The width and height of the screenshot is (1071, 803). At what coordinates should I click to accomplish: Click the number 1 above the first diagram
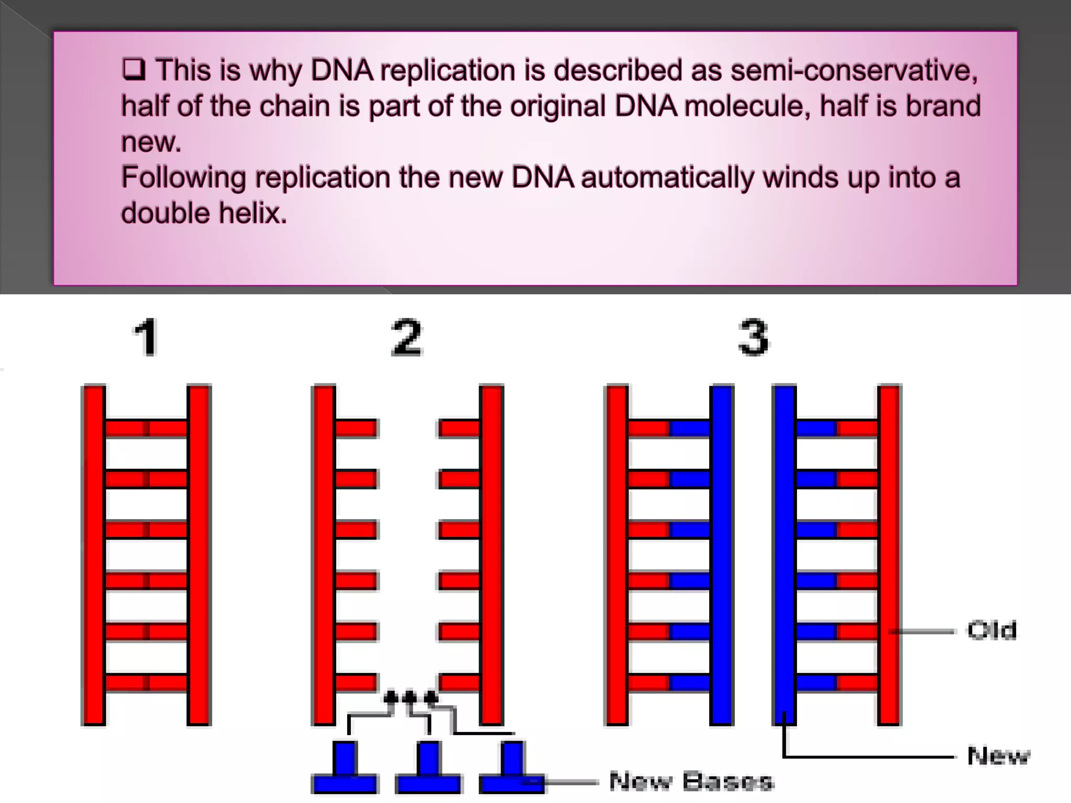146,338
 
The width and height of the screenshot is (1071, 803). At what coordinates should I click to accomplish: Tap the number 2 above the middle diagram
406,338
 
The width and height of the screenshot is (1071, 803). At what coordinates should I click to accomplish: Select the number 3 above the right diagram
753,338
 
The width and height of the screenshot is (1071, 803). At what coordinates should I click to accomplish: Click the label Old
992,630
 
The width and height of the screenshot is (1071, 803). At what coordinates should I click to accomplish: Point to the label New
998,756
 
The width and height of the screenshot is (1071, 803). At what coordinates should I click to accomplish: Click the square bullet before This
133,69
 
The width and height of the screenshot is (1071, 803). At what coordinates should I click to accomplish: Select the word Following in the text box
184,178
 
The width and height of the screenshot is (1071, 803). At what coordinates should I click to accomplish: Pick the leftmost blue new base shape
345,768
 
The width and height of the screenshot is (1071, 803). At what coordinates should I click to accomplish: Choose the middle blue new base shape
428,768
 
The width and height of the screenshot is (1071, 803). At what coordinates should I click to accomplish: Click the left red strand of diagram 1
94,554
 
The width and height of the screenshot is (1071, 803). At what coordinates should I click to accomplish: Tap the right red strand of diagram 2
492,554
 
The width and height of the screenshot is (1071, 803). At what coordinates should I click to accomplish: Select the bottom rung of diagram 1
146,683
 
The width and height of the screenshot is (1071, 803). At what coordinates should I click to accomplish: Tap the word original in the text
557,106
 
